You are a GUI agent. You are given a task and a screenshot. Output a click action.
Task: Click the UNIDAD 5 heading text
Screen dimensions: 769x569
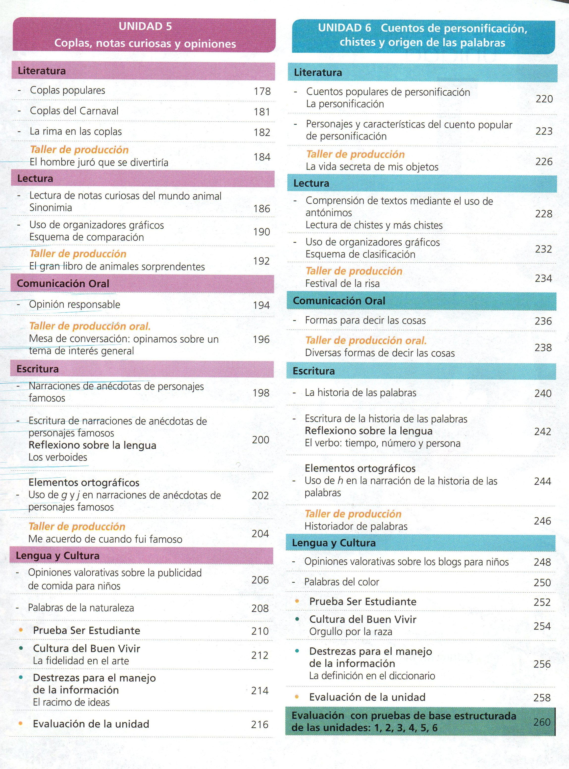[x=145, y=27]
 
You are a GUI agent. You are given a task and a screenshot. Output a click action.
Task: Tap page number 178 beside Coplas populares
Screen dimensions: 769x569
[x=262, y=91]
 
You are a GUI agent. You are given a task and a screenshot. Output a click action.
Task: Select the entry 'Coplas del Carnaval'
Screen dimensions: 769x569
[x=74, y=111]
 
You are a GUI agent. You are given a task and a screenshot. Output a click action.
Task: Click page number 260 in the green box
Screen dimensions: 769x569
[x=542, y=722]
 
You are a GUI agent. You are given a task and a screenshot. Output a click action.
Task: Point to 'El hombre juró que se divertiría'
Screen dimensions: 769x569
[x=99, y=162]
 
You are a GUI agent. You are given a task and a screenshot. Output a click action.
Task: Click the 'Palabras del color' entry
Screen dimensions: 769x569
[x=341, y=582]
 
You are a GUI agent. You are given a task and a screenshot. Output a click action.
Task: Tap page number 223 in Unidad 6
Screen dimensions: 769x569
[x=544, y=131]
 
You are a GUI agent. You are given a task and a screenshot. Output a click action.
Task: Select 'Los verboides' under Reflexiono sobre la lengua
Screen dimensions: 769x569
[x=58, y=457]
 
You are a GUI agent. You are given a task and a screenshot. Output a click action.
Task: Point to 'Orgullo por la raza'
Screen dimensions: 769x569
[x=351, y=632]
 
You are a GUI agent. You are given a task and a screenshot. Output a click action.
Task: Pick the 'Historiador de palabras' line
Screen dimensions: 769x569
[x=356, y=526]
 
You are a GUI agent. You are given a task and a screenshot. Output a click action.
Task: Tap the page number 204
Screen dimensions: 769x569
[x=260, y=534]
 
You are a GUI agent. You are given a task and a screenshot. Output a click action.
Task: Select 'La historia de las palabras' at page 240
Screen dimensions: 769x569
[x=360, y=393]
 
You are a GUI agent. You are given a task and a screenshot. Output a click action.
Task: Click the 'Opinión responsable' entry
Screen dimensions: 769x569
[x=74, y=304]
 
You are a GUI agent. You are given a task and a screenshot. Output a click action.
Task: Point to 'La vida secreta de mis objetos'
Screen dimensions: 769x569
[x=372, y=167]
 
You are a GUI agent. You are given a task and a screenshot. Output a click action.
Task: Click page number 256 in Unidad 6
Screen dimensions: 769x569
[x=542, y=664]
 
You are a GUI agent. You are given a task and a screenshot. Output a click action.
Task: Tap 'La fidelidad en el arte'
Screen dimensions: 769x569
[x=81, y=661]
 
